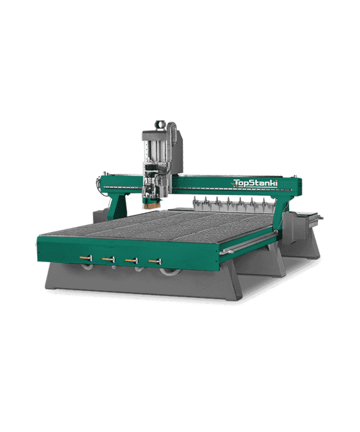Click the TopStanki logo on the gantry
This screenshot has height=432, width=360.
pos(255,183)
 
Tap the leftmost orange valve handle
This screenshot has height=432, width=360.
pos(85,258)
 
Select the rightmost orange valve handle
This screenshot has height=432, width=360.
pos(155,260)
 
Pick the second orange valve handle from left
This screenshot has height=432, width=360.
pos(109,259)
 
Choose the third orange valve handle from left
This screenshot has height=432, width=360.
pos(132,260)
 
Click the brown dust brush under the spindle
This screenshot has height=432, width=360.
pos(150,205)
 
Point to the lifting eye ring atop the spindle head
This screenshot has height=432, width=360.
pos(160,125)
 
